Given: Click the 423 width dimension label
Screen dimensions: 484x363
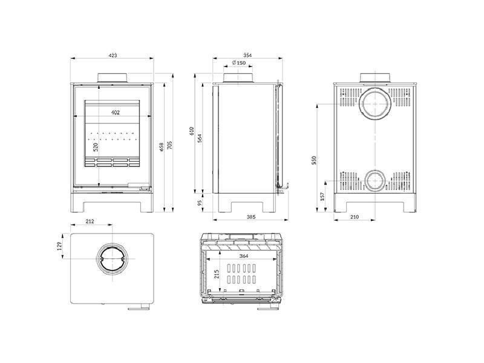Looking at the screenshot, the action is pos(113,56).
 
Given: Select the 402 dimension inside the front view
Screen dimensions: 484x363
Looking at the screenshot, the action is pos(115,113).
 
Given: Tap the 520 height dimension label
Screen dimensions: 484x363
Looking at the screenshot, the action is pos(96,147).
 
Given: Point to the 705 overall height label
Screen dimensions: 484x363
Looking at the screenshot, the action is pos(169,145).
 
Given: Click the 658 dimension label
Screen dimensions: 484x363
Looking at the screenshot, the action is pos(162,147).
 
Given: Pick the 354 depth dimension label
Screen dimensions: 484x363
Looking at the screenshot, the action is pos(247,55).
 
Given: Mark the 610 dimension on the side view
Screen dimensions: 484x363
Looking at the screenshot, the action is pos(191,131).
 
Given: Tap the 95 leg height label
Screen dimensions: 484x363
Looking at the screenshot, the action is pos(200,203).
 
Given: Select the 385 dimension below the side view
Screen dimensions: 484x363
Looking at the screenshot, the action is pos(251,217).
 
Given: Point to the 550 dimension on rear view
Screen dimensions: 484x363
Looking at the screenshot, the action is pos(314,160).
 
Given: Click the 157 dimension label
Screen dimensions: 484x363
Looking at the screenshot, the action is pos(322,197).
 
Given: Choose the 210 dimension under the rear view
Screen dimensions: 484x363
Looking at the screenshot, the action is pos(355,217).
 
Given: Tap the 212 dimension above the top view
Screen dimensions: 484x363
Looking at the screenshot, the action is pos(90,221).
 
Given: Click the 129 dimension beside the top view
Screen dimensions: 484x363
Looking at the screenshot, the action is pos(60,246).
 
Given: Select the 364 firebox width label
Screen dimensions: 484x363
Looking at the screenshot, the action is pos(244,256).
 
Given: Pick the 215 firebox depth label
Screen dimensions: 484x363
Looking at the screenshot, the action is pos(217,274).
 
